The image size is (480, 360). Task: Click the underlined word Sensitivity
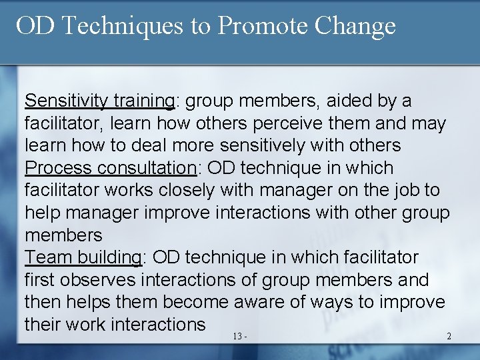[x=66, y=101]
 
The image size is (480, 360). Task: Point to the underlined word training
[x=143, y=101]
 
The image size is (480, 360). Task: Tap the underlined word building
[x=110, y=257]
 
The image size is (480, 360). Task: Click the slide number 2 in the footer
[x=449, y=336]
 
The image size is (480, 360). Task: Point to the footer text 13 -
[x=241, y=336]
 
